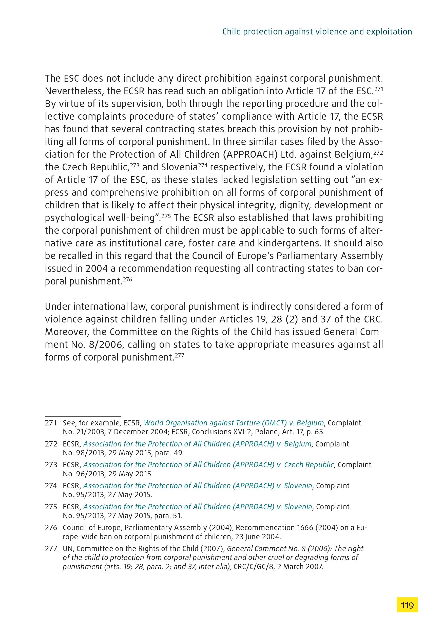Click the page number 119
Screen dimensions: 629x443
(x=407, y=605)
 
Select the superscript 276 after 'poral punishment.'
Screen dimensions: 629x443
(x=127, y=279)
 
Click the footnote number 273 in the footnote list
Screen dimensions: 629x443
(x=51, y=465)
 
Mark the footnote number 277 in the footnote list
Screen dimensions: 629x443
(x=51, y=549)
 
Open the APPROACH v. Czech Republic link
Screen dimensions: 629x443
(x=208, y=465)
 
